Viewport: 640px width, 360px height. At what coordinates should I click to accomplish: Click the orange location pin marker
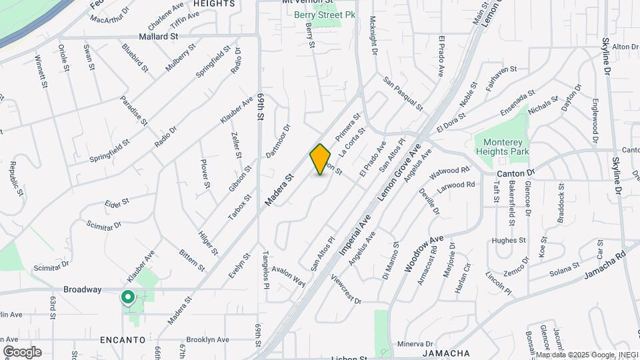pyautogui.click(x=321, y=159)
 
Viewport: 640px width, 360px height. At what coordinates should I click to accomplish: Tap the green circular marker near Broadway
pyautogui.click(x=127, y=297)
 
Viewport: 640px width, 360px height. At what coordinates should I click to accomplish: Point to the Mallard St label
pyautogui.click(x=159, y=37)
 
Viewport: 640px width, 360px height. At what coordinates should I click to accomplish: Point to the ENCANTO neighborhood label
pyautogui.click(x=123, y=339)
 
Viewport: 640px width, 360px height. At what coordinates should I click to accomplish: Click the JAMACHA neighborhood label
pyautogui.click(x=447, y=353)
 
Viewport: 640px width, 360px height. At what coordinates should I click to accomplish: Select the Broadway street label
pyautogui.click(x=82, y=289)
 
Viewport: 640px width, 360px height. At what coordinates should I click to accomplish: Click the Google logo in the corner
pyautogui.click(x=22, y=351)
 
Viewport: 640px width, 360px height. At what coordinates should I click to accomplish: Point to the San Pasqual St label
pyautogui.click(x=403, y=93)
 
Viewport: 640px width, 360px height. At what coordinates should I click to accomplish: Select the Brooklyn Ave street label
pyautogui.click(x=207, y=338)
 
